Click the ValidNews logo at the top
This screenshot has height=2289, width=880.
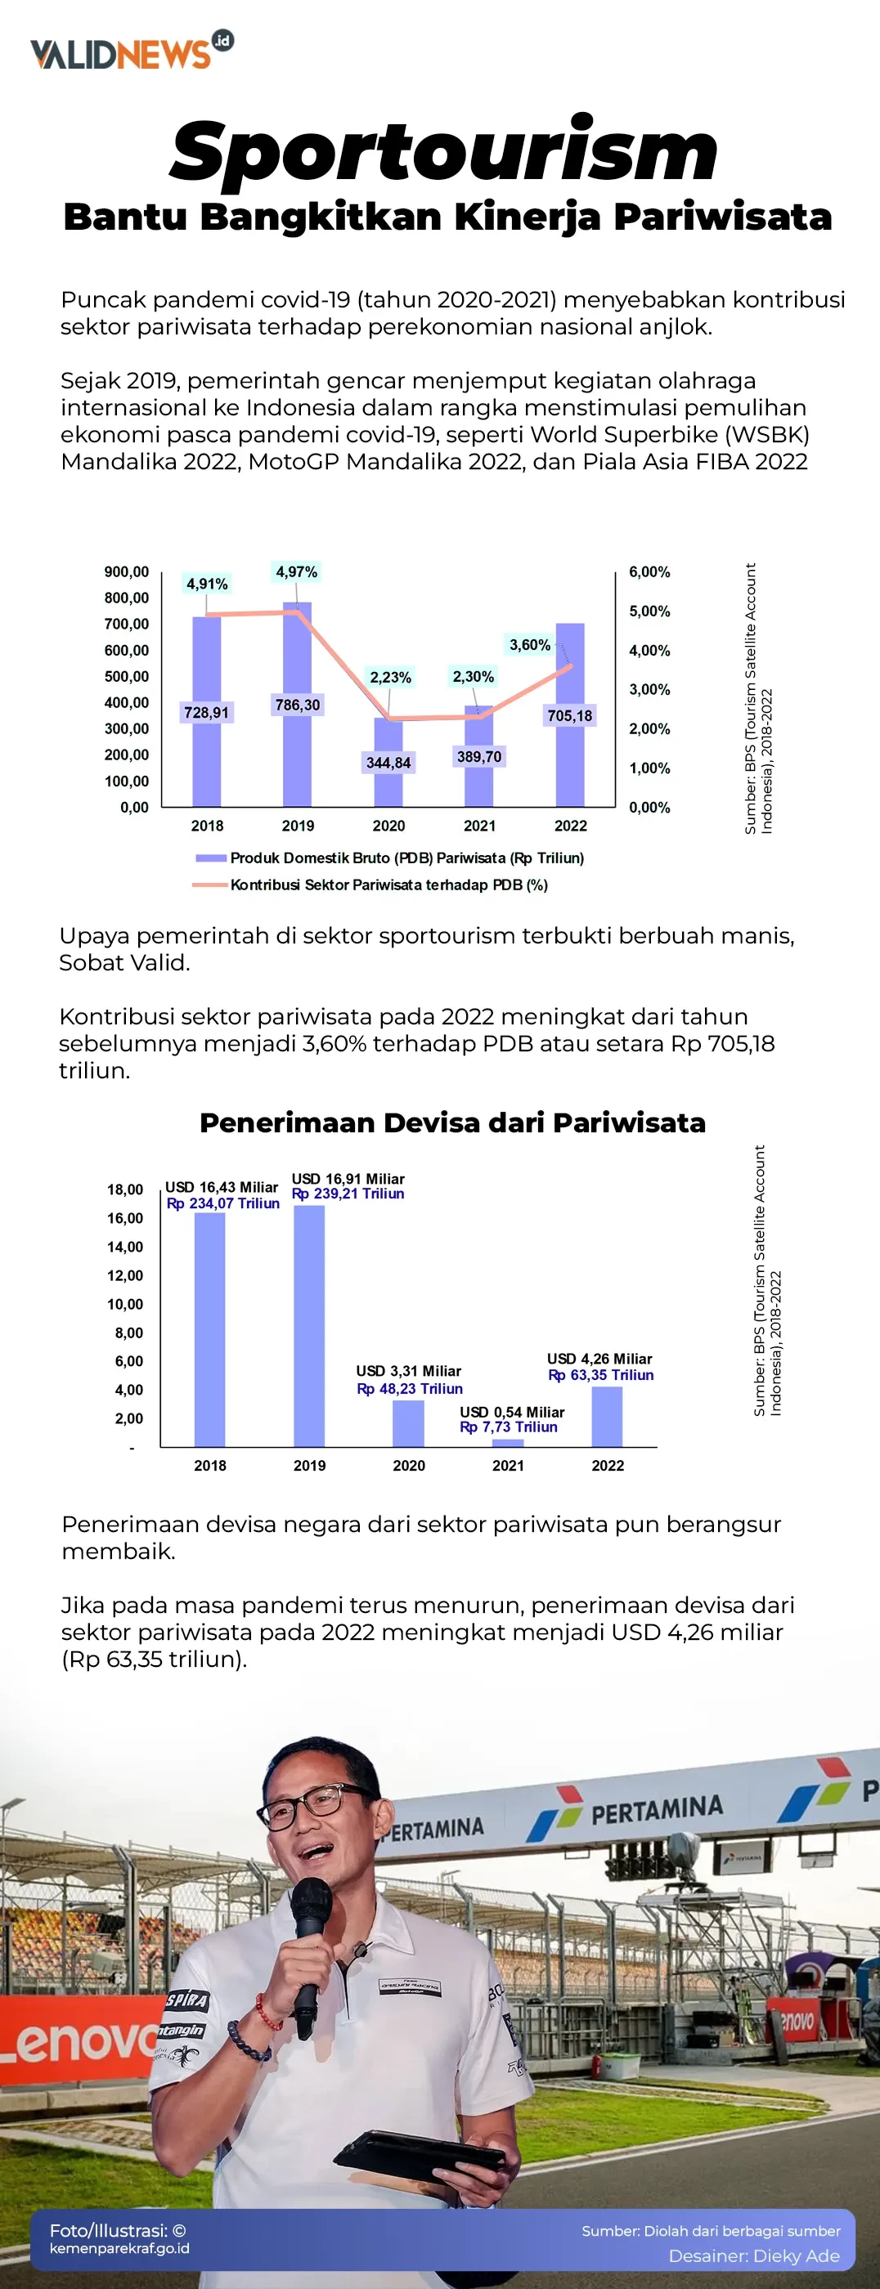click(x=132, y=52)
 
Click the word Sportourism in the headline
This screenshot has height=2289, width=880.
click(x=443, y=151)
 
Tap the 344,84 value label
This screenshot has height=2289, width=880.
click(x=388, y=763)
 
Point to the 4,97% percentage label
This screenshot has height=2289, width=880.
click(x=296, y=571)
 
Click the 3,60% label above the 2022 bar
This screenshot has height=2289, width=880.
click(x=529, y=644)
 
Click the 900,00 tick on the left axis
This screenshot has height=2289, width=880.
click(x=126, y=571)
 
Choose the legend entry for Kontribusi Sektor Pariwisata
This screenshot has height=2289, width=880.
click(x=388, y=885)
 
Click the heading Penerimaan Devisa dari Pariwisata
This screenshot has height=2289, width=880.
click(x=451, y=1122)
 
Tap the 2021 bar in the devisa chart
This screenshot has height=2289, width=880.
click(x=508, y=1442)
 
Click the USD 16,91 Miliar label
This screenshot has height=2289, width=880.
click(x=348, y=1178)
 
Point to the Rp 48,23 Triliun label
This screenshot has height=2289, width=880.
click(x=409, y=1388)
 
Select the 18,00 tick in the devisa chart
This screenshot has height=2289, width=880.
click(x=124, y=1189)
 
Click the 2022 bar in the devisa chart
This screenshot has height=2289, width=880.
click(x=607, y=1417)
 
